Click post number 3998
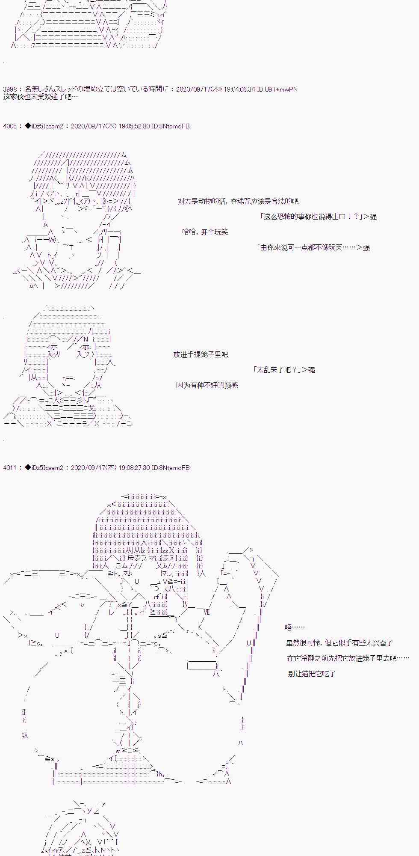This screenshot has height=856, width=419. point(10,89)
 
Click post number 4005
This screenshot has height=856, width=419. point(10,126)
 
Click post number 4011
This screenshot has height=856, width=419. point(10,468)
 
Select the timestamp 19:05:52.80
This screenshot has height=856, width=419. point(134,126)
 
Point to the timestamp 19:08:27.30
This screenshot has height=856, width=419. point(134,468)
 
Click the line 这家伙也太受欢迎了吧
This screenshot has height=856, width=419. point(40,97)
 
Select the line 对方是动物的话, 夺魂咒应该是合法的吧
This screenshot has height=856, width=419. point(238,201)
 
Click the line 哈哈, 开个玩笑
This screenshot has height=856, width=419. point(205,232)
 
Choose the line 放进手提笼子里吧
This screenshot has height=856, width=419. point(201,354)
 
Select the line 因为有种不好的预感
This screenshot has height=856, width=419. point(207,385)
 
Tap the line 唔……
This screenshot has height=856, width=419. point(295,627)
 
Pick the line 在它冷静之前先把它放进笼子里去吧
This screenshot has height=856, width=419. point(348,658)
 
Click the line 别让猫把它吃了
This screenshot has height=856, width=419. point(312,674)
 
